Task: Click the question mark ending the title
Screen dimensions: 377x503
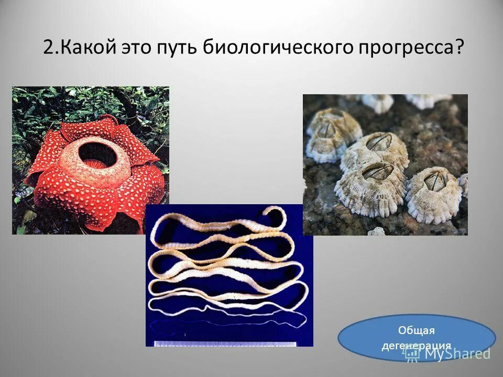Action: click(460, 48)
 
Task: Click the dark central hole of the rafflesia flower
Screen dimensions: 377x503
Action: click(95, 153)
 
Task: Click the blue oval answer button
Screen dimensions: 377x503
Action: click(416, 338)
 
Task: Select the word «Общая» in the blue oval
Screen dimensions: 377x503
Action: click(417, 330)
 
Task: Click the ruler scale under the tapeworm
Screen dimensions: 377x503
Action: click(225, 343)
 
